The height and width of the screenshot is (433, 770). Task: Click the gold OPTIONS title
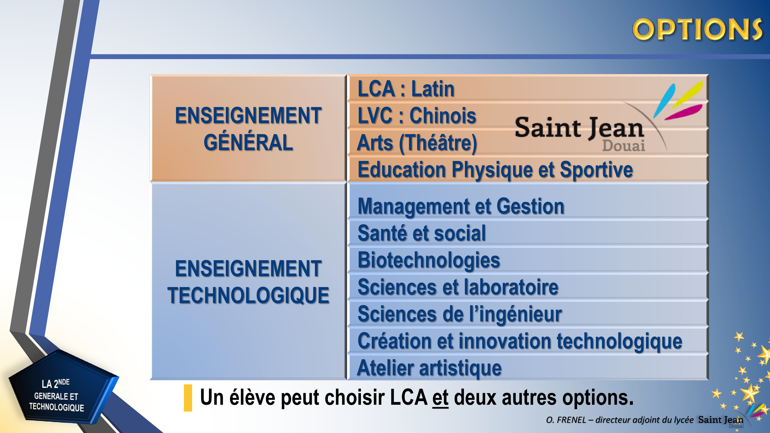pyautogui.click(x=697, y=29)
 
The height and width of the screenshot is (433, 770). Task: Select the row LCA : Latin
pyautogui.click(x=406, y=89)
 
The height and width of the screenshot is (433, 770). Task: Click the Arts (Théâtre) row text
pyautogui.click(x=417, y=143)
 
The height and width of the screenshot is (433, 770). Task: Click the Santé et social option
pyautogui.click(x=422, y=233)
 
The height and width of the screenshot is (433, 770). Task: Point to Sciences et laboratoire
pyautogui.click(x=458, y=287)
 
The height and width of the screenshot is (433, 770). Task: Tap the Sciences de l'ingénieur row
pyautogui.click(x=460, y=314)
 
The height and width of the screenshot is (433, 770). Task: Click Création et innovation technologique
pyautogui.click(x=520, y=341)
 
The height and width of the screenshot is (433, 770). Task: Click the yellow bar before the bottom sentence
pyautogui.click(x=188, y=398)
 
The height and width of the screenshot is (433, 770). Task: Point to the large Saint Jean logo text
pyautogui.click(x=579, y=128)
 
